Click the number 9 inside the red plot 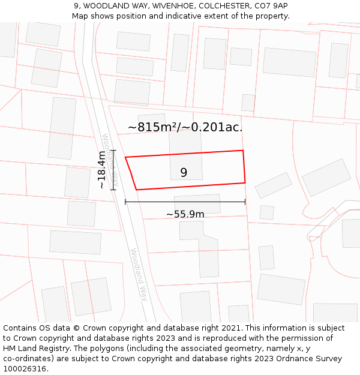coord(184,173)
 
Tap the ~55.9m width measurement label coord(185,214)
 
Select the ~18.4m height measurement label coord(102,170)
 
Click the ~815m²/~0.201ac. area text coord(185,127)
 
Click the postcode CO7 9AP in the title coord(271,6)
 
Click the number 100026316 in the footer coord(25,369)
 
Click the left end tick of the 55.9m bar coord(125,202)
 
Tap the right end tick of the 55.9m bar coord(245,202)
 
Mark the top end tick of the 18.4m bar coord(113,151)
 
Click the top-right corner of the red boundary coord(242,151)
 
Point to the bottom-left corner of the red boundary coord(137,190)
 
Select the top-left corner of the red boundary coord(125,158)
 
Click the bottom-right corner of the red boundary coord(245,182)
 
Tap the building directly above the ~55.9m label coord(197,203)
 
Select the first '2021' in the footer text coord(227,328)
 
